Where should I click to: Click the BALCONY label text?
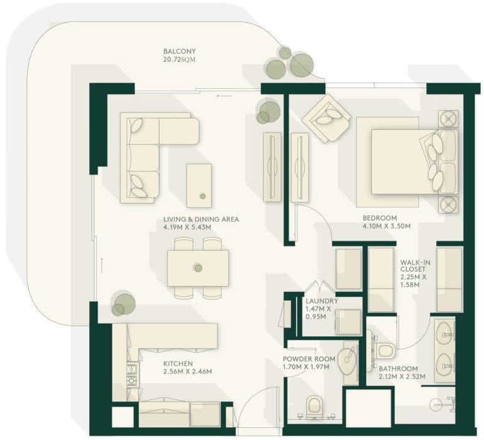(x=180, y=51)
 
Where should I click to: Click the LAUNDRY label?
(x=321, y=301)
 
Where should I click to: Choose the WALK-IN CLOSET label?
(x=415, y=269)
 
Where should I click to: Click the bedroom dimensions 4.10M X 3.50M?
(x=386, y=226)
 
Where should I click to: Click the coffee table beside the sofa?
(x=199, y=185)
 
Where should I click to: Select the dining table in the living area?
(x=198, y=268)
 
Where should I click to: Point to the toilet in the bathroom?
(x=385, y=350)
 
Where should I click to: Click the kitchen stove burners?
(x=133, y=374)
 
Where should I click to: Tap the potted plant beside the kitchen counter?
(x=124, y=304)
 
